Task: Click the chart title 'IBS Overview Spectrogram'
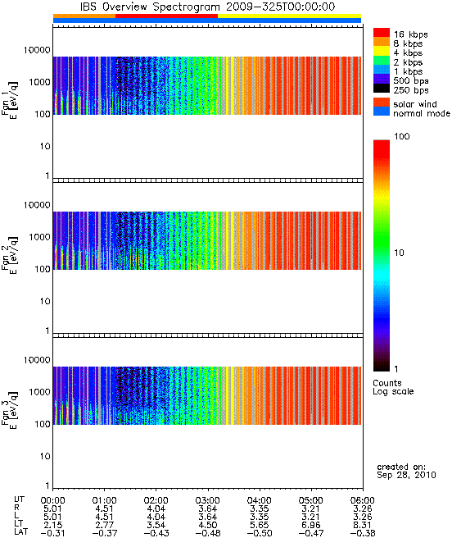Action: [150, 7]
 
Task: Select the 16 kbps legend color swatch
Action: [382, 32]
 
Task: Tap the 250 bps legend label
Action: [411, 90]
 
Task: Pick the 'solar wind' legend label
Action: [415, 104]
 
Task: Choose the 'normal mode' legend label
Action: [422, 113]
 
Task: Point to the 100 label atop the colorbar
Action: [401, 137]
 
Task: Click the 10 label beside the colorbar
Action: [399, 253]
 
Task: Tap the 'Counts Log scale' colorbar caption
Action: [393, 387]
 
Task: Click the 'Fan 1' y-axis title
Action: [10, 99]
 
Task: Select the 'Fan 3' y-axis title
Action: [10, 409]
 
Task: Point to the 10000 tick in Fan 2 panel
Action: [37, 205]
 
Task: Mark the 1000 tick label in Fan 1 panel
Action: [39, 82]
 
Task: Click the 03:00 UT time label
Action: [208, 500]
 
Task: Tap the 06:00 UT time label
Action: [363, 500]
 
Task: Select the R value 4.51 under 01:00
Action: [104, 508]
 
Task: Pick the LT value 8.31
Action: [363, 525]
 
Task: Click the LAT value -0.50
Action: [260, 533]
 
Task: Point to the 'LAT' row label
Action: [21, 532]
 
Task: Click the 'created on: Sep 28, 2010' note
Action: [406, 471]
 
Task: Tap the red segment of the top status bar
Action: [166, 16]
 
